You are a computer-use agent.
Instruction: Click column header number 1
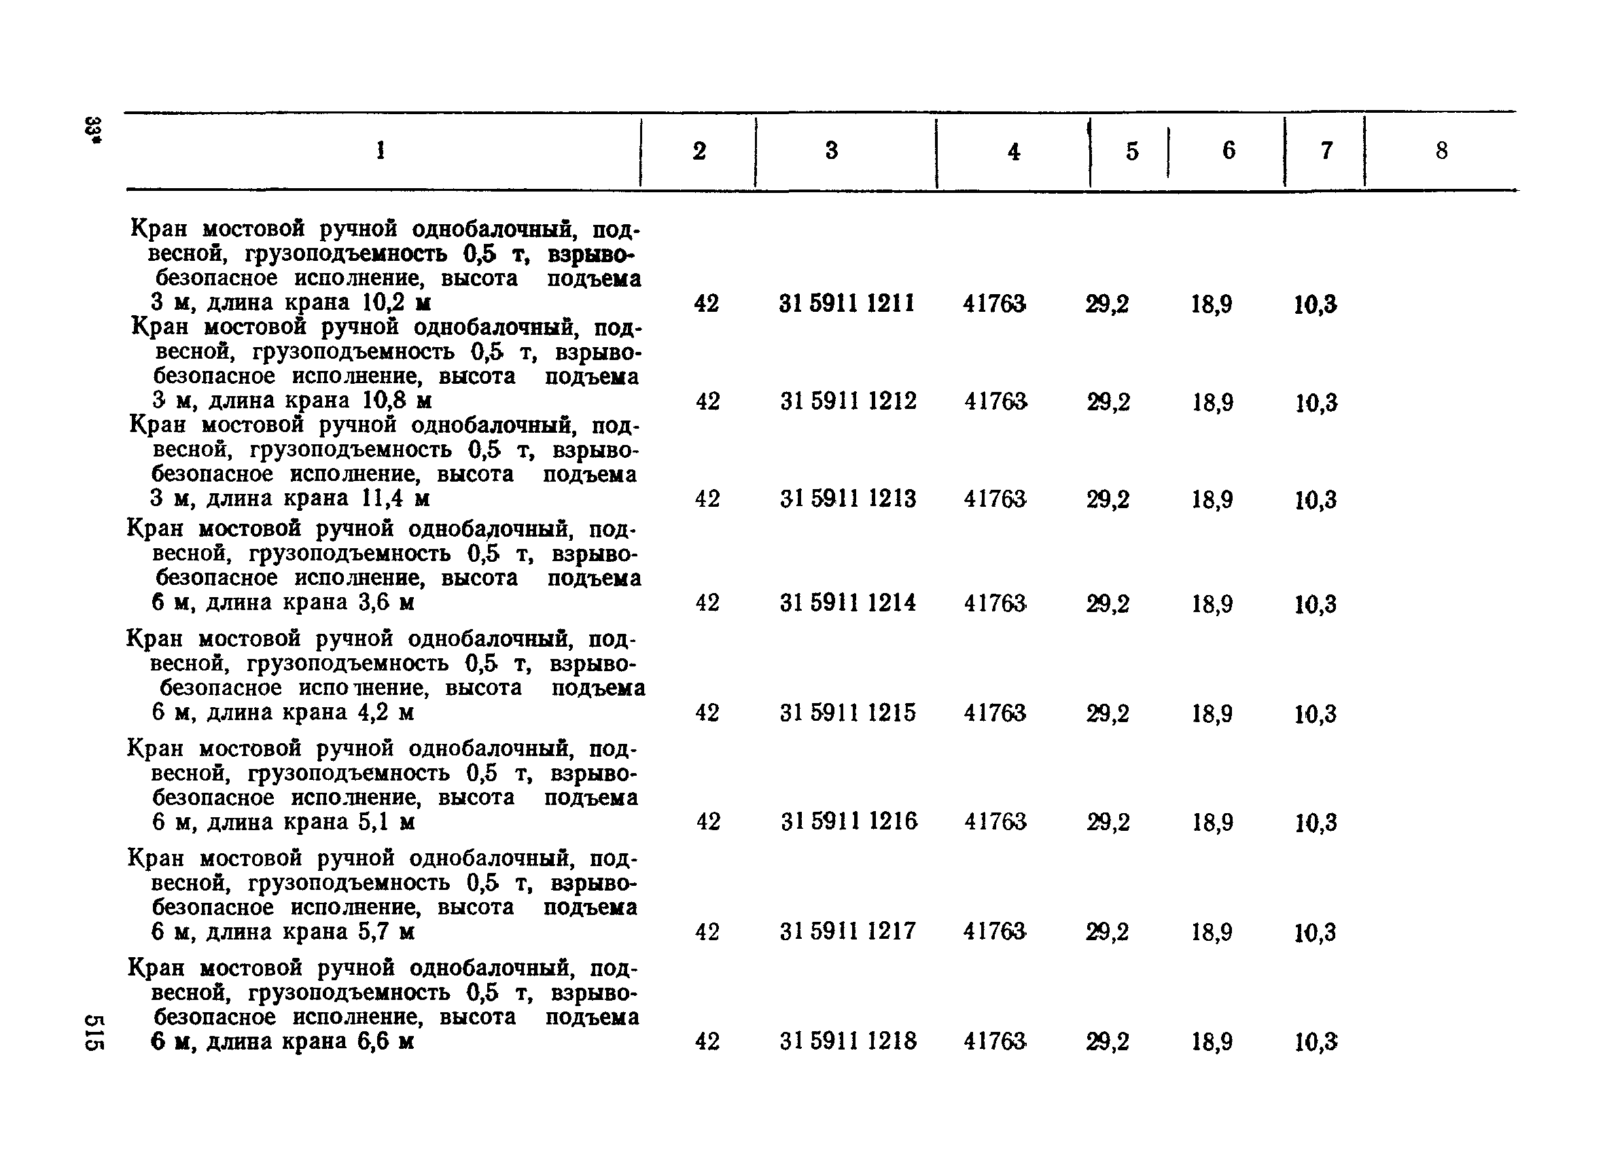pos(381,150)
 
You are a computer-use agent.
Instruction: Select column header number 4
pos(1013,152)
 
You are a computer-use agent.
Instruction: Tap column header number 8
pos(1441,151)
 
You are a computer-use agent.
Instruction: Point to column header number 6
pos(1229,150)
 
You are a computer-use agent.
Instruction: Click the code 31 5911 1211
pos(847,304)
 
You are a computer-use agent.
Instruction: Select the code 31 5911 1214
pos(848,603)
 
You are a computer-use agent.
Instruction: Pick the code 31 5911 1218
pos(848,1041)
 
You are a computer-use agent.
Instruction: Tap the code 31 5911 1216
pos(849,821)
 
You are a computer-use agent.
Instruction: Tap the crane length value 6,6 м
pos(386,1041)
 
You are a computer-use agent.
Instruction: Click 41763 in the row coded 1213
pos(994,499)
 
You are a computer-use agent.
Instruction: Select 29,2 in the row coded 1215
pos(1108,714)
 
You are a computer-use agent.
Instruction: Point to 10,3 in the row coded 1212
pos(1316,404)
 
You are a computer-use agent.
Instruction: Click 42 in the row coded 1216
pos(707,821)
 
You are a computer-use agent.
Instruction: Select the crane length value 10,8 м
pos(397,401)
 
